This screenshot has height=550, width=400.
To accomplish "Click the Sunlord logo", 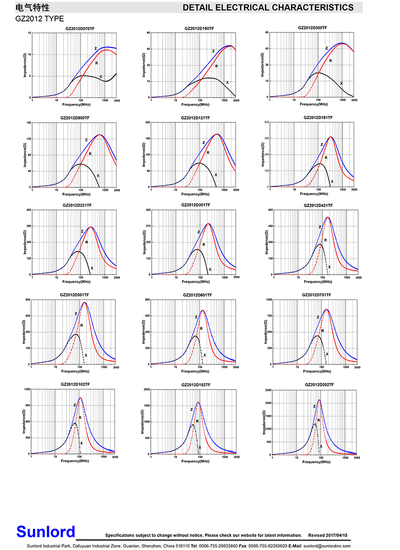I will (45, 531).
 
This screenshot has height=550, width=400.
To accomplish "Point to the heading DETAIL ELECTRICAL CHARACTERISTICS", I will (268, 8).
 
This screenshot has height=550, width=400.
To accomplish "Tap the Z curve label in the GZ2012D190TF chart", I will (213, 51).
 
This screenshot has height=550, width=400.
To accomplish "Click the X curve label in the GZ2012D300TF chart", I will (341, 84).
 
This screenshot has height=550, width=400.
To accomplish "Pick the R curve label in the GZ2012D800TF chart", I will (90, 154).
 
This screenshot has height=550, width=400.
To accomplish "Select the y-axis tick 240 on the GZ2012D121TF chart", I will (148, 123).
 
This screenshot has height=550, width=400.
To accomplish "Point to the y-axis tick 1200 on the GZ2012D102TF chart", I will (27, 389).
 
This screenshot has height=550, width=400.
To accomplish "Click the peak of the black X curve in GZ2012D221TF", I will (77, 251).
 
